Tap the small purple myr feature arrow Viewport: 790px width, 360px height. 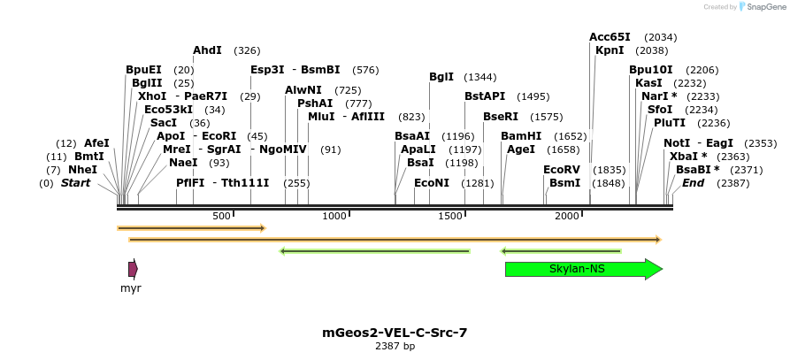tap(133, 269)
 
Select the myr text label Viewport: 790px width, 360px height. tap(131, 288)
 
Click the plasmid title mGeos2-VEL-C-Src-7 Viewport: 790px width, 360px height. tap(395, 333)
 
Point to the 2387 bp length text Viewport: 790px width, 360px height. tap(395, 346)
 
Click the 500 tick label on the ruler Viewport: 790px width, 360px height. tap(221, 216)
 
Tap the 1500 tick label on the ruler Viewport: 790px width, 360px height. tap(451, 216)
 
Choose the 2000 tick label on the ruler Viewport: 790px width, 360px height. tap(567, 216)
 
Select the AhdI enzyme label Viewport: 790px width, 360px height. tap(207, 50)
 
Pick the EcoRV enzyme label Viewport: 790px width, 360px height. tap(561, 169)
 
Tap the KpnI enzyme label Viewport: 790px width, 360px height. tap(610, 50)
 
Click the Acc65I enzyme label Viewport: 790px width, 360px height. tap(610, 37)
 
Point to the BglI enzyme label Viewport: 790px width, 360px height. tap(441, 77)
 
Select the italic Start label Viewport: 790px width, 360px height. tap(75, 183)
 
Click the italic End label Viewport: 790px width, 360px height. tap(693, 183)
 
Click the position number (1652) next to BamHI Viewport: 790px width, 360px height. tap(570, 136)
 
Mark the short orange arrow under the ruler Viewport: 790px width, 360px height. tap(191, 228)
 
